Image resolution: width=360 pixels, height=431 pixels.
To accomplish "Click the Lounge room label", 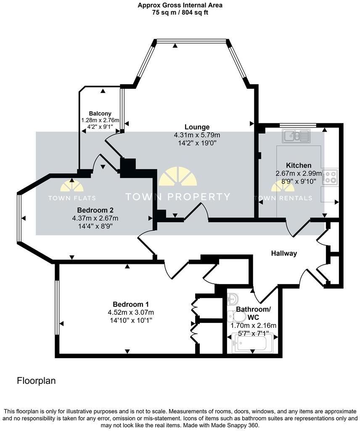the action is point(197,127).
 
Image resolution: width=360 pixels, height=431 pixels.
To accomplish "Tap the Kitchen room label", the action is point(299,165).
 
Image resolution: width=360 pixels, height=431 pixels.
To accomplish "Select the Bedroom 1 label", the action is point(131,304).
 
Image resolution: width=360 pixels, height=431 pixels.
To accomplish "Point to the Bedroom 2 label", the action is point(95,210).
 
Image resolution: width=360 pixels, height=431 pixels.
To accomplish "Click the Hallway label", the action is point(284,253).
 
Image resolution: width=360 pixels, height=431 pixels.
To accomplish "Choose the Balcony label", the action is point(100,114).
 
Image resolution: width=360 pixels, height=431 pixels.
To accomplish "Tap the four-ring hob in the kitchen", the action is point(330,177).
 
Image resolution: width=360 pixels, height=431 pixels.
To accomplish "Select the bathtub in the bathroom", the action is point(252,343).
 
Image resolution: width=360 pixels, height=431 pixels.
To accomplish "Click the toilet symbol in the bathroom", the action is point(237,317).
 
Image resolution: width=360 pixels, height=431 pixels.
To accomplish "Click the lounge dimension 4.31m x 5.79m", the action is point(197,135).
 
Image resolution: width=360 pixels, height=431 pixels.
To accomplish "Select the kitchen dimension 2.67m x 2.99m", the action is point(299,173).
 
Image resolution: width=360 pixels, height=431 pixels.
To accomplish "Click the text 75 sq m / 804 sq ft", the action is point(180,13).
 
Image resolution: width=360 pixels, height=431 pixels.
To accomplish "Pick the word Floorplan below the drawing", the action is point(36,380).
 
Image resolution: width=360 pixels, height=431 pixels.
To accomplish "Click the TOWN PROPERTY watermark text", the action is point(177,197).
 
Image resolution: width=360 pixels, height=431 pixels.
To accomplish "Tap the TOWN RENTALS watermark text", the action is point(283,198).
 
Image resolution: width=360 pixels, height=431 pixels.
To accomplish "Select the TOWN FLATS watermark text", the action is point(72,198).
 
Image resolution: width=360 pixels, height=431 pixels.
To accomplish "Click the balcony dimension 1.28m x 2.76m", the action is point(100,120).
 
